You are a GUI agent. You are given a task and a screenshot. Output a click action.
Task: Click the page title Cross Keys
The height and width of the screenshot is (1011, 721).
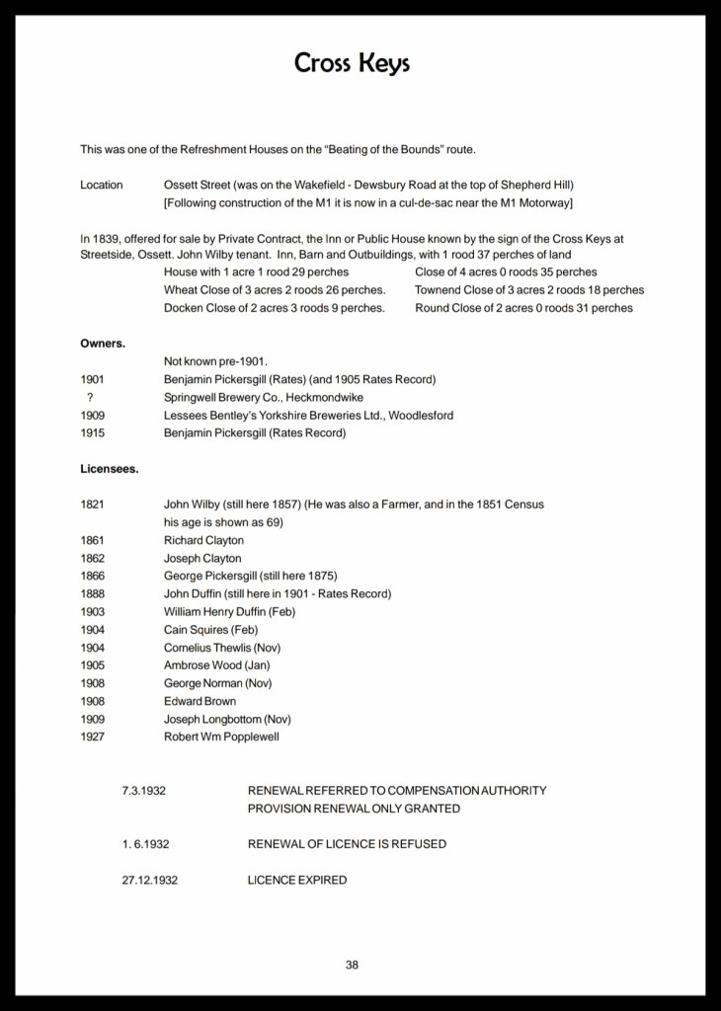pyautogui.click(x=352, y=63)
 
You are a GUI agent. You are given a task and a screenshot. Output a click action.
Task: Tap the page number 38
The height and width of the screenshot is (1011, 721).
pyautogui.click(x=352, y=965)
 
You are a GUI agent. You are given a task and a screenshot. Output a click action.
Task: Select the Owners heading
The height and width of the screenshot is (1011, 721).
pyautogui.click(x=103, y=344)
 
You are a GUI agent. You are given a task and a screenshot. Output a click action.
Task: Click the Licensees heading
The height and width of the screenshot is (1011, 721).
pyautogui.click(x=109, y=469)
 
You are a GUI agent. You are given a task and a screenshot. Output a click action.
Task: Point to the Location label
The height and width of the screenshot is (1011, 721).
pyautogui.click(x=102, y=185)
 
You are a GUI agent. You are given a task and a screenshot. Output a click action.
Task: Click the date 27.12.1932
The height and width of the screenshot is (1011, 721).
pyautogui.click(x=150, y=880)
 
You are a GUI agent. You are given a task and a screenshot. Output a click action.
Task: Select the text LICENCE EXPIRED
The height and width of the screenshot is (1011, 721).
pyautogui.click(x=296, y=880)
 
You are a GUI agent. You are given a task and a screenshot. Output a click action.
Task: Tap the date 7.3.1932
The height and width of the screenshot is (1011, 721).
pyautogui.click(x=142, y=791)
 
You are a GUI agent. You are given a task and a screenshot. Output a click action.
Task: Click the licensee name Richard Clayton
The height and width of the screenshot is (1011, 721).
pyautogui.click(x=203, y=540)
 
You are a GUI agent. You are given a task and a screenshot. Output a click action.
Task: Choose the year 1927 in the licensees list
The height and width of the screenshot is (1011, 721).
pyautogui.click(x=92, y=737)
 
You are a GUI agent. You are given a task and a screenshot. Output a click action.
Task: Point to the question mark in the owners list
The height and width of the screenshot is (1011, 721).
pyautogui.click(x=90, y=397)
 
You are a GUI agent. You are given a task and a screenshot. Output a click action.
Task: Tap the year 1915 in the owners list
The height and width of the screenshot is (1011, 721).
pyautogui.click(x=92, y=432)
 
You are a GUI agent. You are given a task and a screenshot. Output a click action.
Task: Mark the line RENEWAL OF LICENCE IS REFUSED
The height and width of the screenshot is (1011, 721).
pyautogui.click(x=347, y=844)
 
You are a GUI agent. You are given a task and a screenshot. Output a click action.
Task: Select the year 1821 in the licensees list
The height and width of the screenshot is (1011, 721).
pyautogui.click(x=92, y=505)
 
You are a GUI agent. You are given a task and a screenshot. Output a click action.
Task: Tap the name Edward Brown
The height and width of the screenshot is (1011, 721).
pyautogui.click(x=200, y=701)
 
